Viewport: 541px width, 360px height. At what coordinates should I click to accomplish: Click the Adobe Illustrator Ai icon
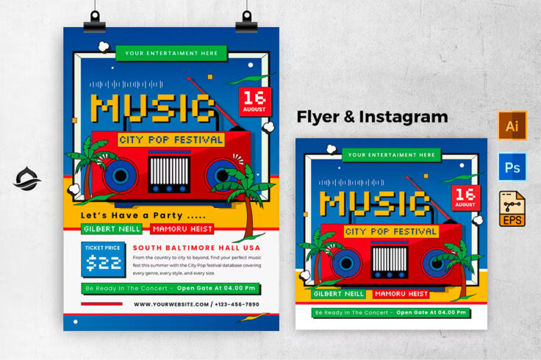point(512,126)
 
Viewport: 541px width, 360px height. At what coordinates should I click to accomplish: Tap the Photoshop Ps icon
point(512,168)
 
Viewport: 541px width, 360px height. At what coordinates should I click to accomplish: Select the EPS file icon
point(512,209)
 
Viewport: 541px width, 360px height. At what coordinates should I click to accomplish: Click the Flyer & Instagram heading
point(372,117)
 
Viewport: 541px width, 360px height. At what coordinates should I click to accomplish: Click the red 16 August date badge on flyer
point(255,102)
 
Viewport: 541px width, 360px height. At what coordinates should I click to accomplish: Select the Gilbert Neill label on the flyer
point(109,228)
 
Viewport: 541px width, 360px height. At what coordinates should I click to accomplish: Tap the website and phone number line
point(196,303)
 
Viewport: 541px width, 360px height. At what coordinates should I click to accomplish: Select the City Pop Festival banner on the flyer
point(171,140)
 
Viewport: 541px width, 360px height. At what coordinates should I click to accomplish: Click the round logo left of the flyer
point(27,179)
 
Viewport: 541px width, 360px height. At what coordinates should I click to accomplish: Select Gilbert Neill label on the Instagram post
point(338,293)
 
